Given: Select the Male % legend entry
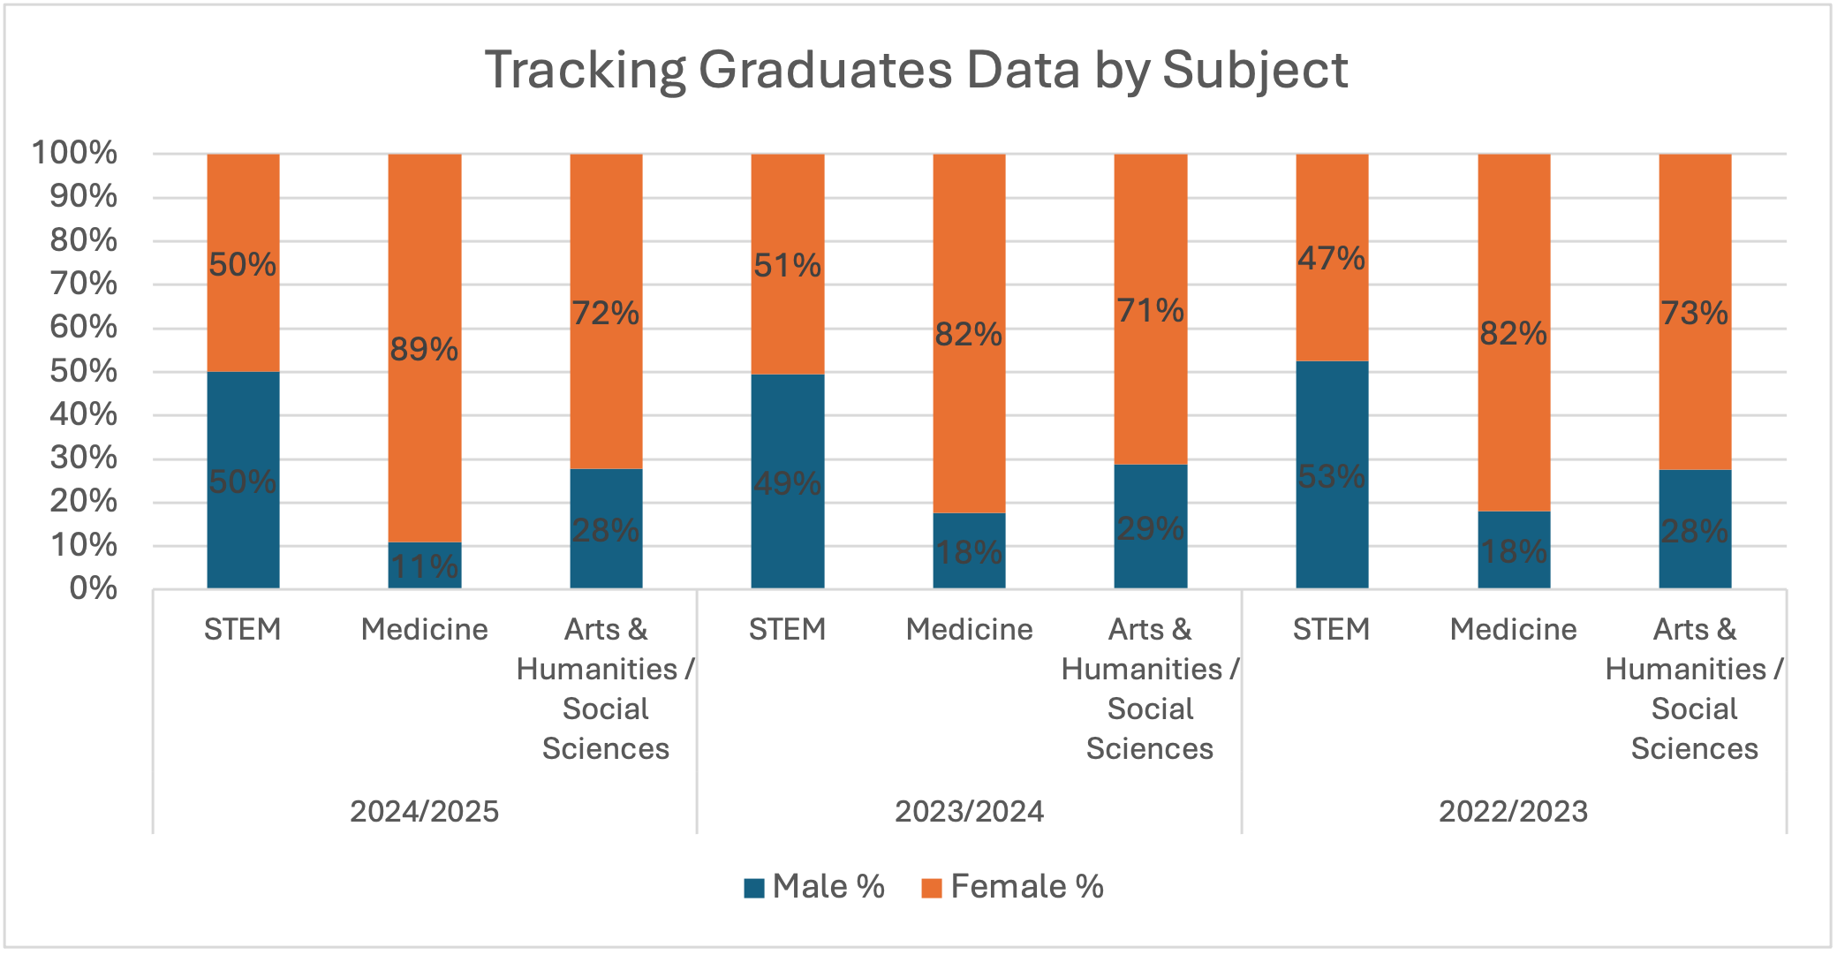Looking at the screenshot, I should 814,886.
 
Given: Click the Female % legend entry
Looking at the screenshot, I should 1013,886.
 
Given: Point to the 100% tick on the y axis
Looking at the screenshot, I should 74,153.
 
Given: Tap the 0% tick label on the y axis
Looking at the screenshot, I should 93,588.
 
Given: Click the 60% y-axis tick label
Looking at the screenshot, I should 83,327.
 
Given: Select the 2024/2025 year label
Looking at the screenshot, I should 424,811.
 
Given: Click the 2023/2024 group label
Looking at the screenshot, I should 969,811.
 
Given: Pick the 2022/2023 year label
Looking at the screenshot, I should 1513,811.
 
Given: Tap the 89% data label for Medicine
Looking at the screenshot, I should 424,350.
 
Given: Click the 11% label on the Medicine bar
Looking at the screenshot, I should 424,566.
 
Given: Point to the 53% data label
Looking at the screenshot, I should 1331,477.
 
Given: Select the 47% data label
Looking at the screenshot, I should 1331,259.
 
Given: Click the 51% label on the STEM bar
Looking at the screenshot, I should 787,265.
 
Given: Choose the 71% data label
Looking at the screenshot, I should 1150,311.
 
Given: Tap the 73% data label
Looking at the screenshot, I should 1694,314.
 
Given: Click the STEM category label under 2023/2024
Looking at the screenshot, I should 787,629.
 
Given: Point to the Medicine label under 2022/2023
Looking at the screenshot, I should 1513,629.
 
